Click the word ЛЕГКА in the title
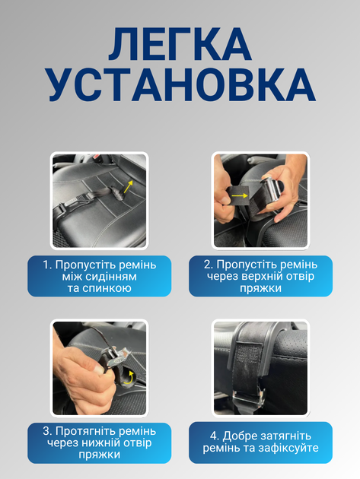(x=180, y=44)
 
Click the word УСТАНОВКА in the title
(x=182, y=84)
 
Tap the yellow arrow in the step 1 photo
(x=128, y=186)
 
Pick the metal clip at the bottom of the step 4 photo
(x=248, y=398)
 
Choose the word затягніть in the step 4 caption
(x=286, y=436)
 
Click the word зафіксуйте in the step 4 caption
(x=288, y=448)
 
